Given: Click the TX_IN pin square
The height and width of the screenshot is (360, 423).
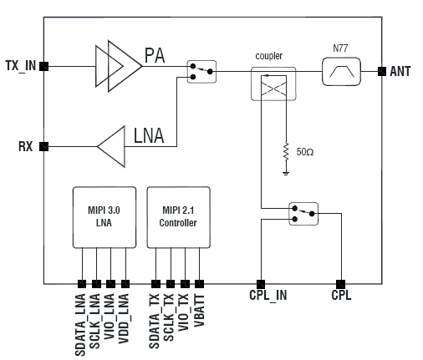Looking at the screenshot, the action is pos(43,66).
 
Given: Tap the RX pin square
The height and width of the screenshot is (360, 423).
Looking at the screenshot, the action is pos(43,146).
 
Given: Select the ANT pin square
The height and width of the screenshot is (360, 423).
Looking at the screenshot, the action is pos(382,71).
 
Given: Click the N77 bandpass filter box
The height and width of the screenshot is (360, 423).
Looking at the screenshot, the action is pos(341,72).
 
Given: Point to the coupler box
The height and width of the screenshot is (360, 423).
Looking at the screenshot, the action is pos(273,84).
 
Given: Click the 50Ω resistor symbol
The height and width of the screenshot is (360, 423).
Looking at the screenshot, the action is pos(286,152).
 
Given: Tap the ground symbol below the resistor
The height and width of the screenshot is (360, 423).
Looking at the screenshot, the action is pos(286,174).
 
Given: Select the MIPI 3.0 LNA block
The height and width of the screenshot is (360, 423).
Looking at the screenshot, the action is pos(104,217).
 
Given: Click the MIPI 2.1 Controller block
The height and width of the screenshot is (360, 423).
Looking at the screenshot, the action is pos(179,217).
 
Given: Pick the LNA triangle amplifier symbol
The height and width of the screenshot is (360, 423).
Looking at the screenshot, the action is pos(111,146).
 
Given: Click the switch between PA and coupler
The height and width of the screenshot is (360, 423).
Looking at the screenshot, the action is pos(201,72).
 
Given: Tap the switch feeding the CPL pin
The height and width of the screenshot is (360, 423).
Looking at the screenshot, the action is pos(303,214).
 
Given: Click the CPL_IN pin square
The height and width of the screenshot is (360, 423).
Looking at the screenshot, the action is pos(261,284).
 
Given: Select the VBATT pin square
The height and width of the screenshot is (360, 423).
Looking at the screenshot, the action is pos(199,284).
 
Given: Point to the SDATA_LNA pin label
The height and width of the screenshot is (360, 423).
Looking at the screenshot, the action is pos(80,325).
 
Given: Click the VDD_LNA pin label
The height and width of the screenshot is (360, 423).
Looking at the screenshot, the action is pos(124,318).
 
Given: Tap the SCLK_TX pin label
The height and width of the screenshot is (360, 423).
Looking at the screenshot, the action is pos(169,317).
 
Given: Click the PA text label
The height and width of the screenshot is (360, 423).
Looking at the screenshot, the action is pos(155,55).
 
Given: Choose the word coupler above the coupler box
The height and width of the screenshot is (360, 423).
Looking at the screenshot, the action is pos(269,56).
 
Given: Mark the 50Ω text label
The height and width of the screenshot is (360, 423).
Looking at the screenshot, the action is pos(305,152).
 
